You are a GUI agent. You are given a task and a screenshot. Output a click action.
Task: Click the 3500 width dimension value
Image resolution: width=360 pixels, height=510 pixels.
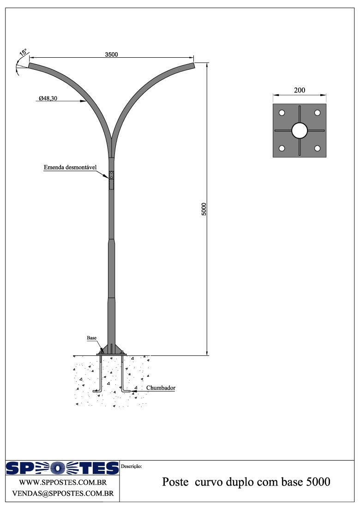coord(111,55)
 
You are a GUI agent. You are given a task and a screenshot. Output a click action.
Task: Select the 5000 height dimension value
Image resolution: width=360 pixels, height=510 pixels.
coord(204,209)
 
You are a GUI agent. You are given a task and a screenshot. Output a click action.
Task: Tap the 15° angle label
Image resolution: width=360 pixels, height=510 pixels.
coord(24,53)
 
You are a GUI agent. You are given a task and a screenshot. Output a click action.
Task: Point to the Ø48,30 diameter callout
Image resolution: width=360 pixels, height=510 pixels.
coord(48,98)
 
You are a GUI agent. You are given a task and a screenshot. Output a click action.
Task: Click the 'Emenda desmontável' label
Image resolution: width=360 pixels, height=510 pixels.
coord(70,168)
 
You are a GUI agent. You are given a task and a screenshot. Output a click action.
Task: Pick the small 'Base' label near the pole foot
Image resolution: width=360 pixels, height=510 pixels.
coord(92,338)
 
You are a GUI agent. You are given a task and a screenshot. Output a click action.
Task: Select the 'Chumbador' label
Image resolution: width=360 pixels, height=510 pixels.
coord(161,388)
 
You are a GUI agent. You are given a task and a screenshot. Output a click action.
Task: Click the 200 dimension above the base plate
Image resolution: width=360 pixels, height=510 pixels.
coord(300,90)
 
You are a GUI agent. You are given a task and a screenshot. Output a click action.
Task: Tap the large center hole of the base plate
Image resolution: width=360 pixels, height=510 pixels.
coord(300,131)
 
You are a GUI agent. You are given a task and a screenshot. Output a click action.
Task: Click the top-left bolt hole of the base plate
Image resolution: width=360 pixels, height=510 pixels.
coord(282,113)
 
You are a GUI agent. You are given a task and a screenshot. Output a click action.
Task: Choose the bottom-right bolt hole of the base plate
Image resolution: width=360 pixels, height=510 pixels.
coord(318,148)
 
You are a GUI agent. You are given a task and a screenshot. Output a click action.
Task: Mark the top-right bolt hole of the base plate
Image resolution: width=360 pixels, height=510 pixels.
coord(318,113)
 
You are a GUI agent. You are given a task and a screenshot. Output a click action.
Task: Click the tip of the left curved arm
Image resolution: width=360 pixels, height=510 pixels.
coord(29,66)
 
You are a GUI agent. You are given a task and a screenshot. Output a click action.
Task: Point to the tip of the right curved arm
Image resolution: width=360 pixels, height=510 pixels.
coord(194,66)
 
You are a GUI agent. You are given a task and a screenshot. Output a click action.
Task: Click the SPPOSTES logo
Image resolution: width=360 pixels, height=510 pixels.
coord(62,468)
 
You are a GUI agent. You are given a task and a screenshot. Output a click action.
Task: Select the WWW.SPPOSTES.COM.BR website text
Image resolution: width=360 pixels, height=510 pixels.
coord(63,482)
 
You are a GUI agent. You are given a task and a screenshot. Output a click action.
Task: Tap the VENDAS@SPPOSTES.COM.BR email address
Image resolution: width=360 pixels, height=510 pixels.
coord(63,493)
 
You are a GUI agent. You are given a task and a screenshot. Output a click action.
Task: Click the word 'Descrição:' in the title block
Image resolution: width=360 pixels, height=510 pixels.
coord(131,466)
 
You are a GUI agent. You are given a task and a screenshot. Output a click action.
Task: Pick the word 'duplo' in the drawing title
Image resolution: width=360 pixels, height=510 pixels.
coord(236,482)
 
